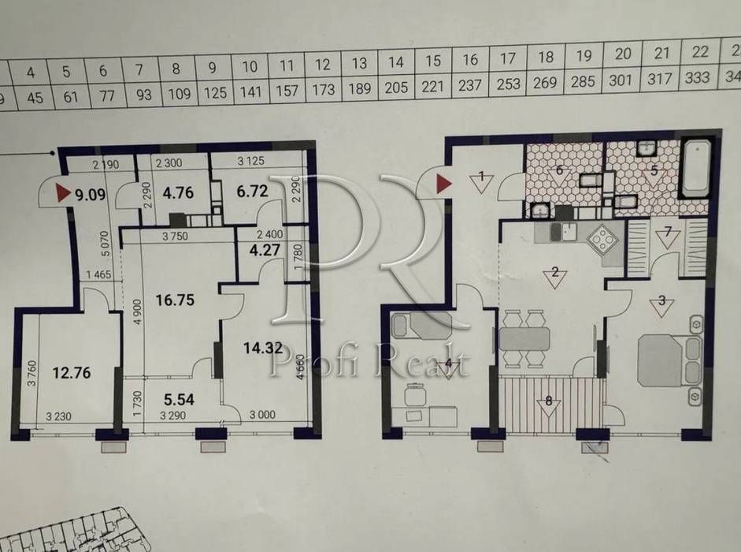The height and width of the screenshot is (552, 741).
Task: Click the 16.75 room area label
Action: (x=175, y=300)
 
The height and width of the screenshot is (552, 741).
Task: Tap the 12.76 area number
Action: (x=72, y=372)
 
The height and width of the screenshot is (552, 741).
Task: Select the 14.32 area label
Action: (x=263, y=349)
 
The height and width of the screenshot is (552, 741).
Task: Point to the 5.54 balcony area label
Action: (x=179, y=399)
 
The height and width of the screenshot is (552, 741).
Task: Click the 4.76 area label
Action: (x=178, y=192)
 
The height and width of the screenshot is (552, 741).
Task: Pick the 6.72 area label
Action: (x=252, y=192)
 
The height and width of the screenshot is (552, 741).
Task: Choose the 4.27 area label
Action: (x=265, y=249)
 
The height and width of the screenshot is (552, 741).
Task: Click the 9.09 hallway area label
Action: (x=91, y=194)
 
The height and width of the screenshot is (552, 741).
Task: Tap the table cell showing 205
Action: (x=396, y=87)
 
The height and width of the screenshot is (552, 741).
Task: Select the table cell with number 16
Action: (x=470, y=60)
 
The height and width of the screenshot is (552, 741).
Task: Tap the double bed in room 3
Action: (x=669, y=360)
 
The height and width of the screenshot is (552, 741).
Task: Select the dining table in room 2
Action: (x=524, y=339)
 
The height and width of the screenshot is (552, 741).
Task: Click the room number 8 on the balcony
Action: (x=549, y=401)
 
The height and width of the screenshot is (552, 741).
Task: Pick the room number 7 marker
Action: (x=668, y=232)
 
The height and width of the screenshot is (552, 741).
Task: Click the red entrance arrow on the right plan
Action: (x=443, y=184)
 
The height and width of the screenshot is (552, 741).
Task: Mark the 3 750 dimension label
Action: (x=175, y=236)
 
